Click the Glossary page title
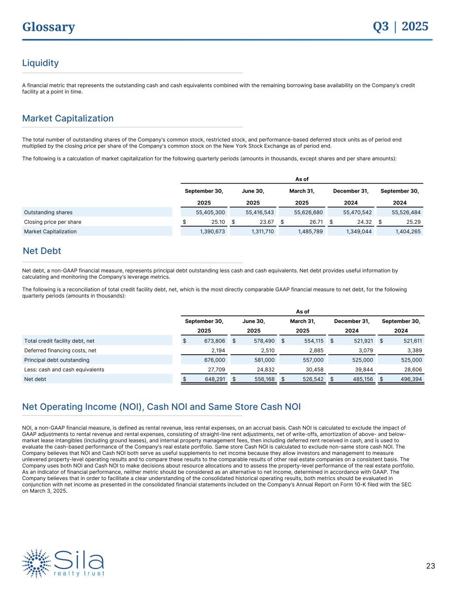[49, 27]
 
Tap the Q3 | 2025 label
[400, 27]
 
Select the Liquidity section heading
[40, 63]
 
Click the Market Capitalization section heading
[68, 118]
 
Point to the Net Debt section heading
[42, 251]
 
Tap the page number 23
[430, 566]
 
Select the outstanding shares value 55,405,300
[210, 212]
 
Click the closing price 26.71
[314, 222]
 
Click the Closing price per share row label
[53, 222]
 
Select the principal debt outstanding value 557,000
[312, 360]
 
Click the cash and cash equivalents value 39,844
[362, 369]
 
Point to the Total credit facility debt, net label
[59, 341]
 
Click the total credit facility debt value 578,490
[264, 341]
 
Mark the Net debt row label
[35, 379]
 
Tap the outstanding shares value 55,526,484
[406, 212]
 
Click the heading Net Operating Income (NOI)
[161, 407]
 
